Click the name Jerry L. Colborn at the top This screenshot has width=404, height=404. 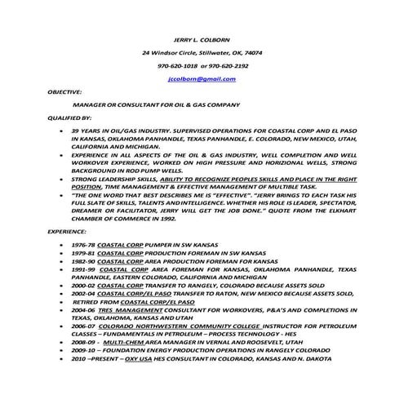[201, 39]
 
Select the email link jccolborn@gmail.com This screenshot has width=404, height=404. [201, 79]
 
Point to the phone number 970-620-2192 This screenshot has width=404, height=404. [230, 65]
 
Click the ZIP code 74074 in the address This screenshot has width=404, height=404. [251, 52]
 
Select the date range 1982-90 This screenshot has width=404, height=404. [85, 261]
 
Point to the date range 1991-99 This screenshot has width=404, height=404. [85, 269]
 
